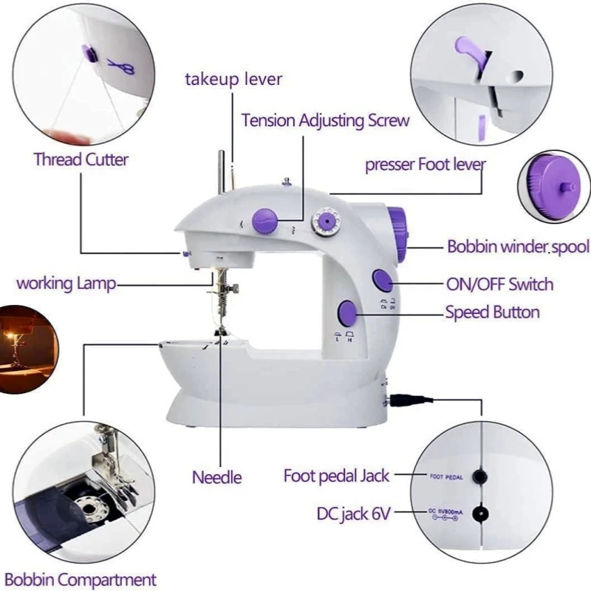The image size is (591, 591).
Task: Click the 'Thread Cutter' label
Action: click(x=81, y=159)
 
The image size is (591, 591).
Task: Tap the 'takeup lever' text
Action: click(x=233, y=78)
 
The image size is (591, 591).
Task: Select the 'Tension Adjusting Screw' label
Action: click(x=325, y=120)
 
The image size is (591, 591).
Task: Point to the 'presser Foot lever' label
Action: click(x=426, y=164)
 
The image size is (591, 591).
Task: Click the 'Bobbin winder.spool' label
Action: click(x=518, y=247)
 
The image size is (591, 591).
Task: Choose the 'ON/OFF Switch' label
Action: click(x=499, y=284)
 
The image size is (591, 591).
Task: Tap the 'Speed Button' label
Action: click(x=492, y=312)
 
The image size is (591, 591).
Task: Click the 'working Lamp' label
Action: click(x=66, y=283)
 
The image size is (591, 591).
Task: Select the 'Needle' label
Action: click(x=217, y=476)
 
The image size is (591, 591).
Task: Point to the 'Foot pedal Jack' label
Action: click(x=336, y=475)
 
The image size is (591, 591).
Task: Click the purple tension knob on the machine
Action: click(x=265, y=219)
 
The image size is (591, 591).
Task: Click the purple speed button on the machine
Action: click(x=347, y=314)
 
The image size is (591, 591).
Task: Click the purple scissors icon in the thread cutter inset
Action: click(x=120, y=66)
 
